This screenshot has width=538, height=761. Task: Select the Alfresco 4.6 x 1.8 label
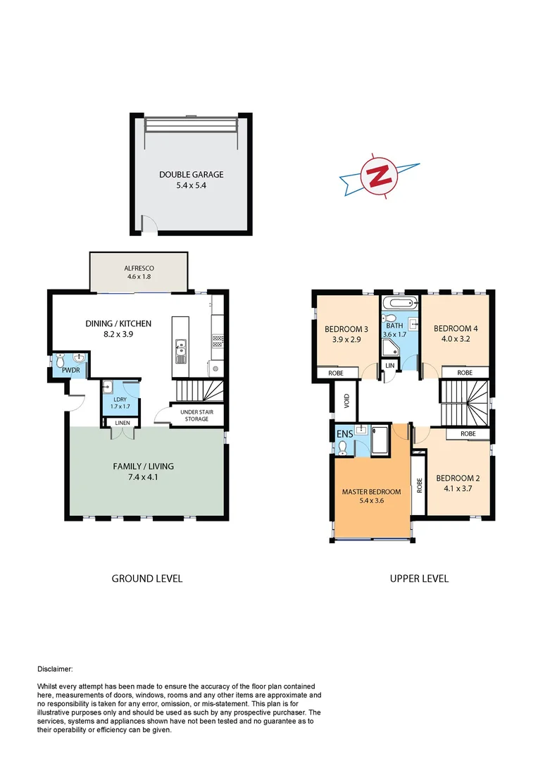click(x=139, y=268)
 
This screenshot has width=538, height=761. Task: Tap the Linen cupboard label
click(x=122, y=423)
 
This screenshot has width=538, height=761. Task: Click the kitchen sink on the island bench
click(x=180, y=347)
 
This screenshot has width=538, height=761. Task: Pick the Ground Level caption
click(x=147, y=579)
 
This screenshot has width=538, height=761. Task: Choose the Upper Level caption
click(x=419, y=579)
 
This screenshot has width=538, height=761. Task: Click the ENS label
click(x=344, y=433)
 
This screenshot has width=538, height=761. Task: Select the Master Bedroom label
click(x=371, y=492)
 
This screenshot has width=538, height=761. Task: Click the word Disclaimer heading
click(x=54, y=669)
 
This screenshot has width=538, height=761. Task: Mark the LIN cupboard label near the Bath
click(x=389, y=366)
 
